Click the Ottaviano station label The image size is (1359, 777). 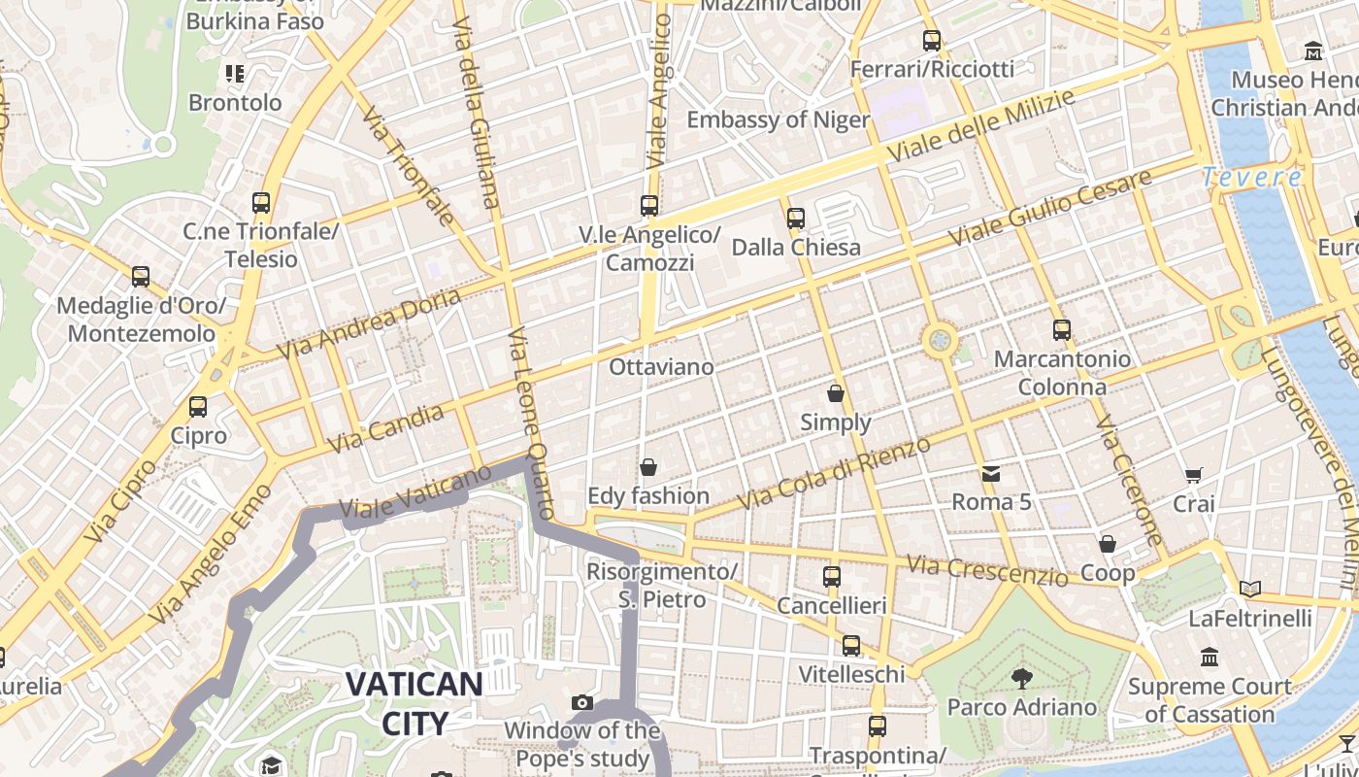661,367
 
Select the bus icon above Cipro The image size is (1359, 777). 198,407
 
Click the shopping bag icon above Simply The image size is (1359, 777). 836,393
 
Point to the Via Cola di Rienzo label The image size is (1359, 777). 835,473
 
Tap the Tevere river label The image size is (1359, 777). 1252,178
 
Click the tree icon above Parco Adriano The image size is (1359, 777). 1021,678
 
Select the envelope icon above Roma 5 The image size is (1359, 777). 991,474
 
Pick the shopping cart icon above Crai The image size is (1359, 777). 1194,475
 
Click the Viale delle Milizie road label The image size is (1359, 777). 981,126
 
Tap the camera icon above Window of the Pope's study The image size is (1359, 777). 582,702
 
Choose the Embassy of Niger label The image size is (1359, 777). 779,119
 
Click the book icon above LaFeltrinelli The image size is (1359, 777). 1250,589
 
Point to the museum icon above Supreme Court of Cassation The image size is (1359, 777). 1210,658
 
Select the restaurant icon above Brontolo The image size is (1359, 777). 235,73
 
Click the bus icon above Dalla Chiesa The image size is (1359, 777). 796,219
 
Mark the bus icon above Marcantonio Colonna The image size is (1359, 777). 1062,330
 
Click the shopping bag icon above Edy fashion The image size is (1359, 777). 648,467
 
